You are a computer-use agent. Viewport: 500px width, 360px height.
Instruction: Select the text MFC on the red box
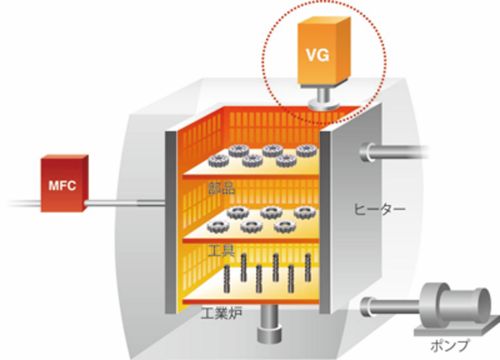(x=62, y=186)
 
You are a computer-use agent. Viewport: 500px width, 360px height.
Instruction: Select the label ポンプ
(x=450, y=346)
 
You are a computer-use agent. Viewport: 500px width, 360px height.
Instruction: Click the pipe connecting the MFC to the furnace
(x=125, y=203)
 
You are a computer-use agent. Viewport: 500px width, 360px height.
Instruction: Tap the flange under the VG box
(x=323, y=104)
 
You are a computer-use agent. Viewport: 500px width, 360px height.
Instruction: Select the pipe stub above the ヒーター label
(x=392, y=152)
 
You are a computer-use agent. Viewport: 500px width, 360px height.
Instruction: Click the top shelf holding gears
(x=250, y=168)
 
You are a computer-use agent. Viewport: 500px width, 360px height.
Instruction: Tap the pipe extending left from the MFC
(x=23, y=204)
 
